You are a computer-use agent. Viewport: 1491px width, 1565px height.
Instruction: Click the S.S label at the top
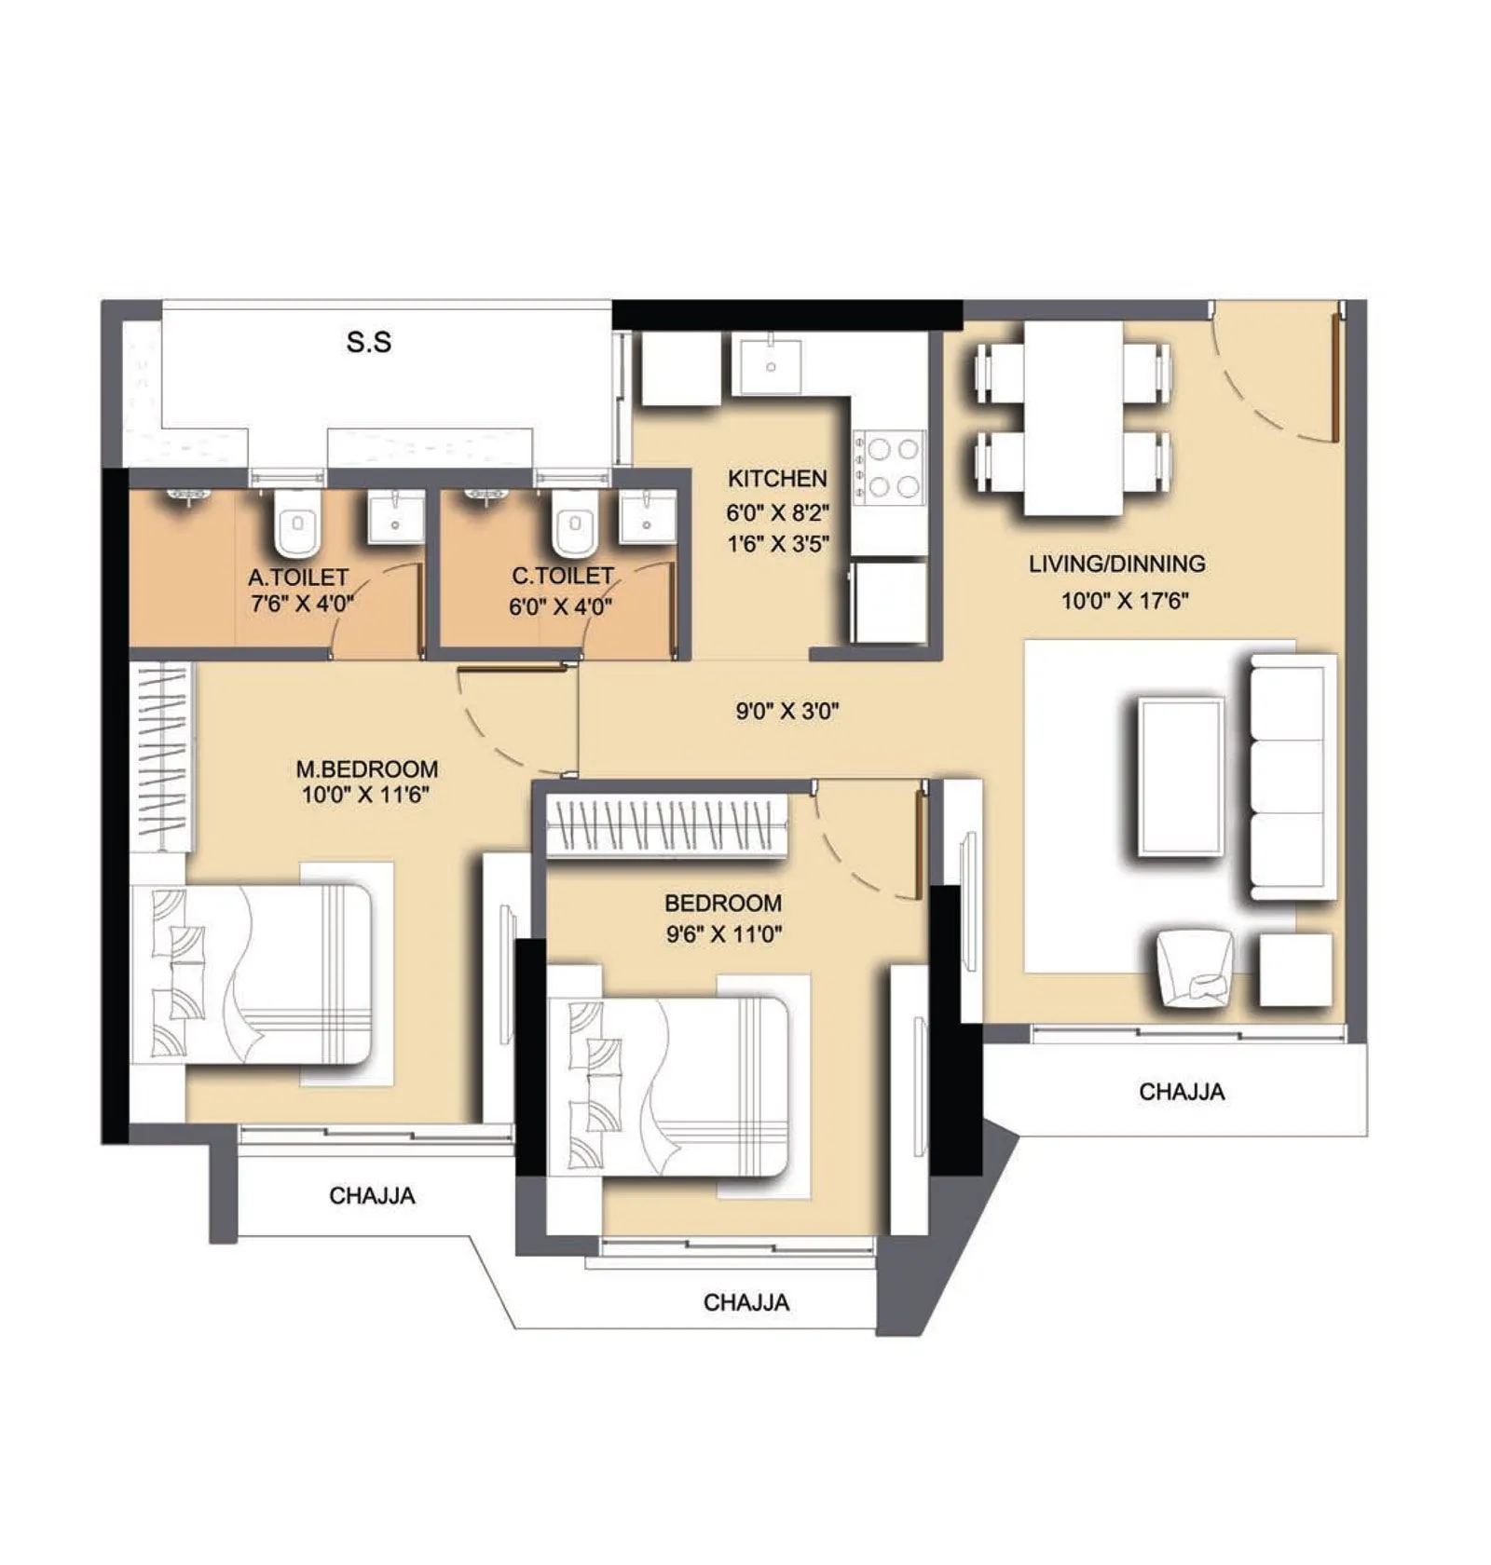(x=369, y=343)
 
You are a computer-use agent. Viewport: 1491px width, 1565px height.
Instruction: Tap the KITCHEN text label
(x=777, y=479)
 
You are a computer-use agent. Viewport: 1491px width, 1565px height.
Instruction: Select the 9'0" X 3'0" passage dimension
(x=787, y=712)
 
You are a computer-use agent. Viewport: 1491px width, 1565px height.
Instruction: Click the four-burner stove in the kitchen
(x=890, y=468)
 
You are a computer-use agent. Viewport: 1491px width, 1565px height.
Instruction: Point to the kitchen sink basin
(x=770, y=366)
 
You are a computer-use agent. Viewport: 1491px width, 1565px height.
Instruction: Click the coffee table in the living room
(x=1180, y=777)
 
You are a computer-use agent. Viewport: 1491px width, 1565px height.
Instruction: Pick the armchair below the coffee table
(x=1196, y=968)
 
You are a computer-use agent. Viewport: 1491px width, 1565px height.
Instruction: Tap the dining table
(x=1073, y=417)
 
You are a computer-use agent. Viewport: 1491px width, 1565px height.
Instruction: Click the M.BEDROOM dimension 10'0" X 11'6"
(x=366, y=796)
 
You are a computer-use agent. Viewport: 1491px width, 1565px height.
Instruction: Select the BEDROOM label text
(x=722, y=903)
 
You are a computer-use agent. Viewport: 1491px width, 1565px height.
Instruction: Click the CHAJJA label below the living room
(x=1181, y=1091)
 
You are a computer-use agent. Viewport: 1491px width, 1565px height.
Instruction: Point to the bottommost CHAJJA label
(x=745, y=1302)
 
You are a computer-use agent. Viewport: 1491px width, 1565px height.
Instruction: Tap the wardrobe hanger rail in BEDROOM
(x=665, y=824)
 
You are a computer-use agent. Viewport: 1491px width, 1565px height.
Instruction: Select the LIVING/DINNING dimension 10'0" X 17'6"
(x=1125, y=601)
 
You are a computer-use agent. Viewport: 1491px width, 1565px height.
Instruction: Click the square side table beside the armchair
(x=1295, y=970)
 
